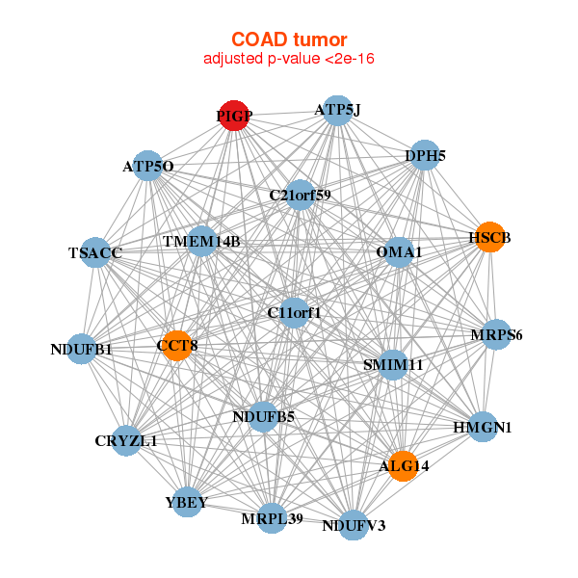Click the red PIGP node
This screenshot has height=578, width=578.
point(234,116)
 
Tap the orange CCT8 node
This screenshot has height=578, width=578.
point(177,345)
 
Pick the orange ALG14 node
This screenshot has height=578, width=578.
point(404,465)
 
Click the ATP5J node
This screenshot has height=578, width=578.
point(336,110)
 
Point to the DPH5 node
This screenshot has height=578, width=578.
point(425,154)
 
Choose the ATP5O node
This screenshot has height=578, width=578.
point(147,166)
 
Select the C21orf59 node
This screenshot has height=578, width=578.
point(301,195)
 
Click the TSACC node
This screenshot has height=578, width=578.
point(95,252)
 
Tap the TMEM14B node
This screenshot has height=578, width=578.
point(201,240)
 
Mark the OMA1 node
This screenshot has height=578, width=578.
point(400,252)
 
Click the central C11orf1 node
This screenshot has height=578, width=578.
point(295,312)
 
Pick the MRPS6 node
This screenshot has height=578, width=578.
point(496,335)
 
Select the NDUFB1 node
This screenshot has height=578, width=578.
point(82,349)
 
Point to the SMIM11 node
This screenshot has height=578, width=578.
point(393,365)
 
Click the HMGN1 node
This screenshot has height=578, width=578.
point(483,427)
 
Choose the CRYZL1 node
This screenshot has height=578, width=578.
point(126,440)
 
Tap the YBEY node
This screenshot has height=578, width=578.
point(186,503)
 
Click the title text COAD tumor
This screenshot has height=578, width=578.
point(289,39)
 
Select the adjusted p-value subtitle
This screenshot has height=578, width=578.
point(289,59)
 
